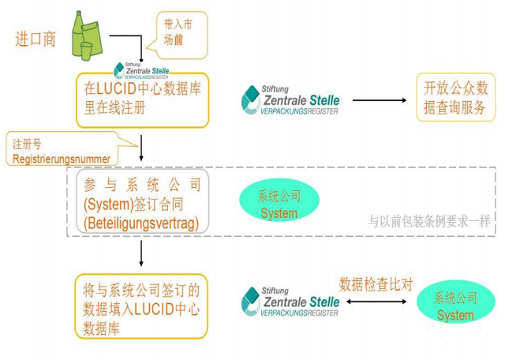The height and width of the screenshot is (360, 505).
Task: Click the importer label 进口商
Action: [x=36, y=39]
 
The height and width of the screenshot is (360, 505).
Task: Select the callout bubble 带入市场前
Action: [x=180, y=33]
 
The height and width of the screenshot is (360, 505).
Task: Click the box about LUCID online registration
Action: [x=143, y=99]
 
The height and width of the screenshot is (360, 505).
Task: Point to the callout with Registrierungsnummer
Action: [x=63, y=150]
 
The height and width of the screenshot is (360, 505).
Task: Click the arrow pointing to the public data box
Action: [x=378, y=101]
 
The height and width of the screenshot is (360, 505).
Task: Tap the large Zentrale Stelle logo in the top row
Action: [x=291, y=101]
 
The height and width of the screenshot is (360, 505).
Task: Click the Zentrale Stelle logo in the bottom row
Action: [x=291, y=302]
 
